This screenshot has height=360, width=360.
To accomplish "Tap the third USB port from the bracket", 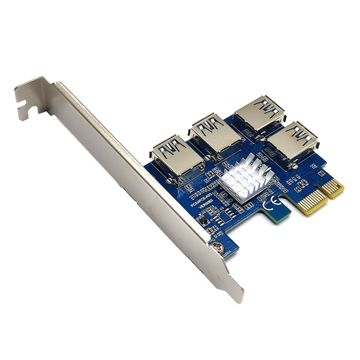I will coord(258,112).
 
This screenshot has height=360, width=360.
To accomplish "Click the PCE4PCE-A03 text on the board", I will coord(202,198).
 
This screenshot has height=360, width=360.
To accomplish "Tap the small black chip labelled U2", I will coord(203,220).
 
